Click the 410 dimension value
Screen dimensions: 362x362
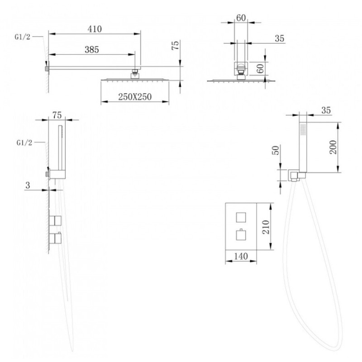click(x=95, y=29)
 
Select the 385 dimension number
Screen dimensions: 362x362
click(x=92, y=50)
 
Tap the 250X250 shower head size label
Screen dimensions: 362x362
click(x=135, y=97)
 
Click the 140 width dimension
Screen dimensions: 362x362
click(x=241, y=256)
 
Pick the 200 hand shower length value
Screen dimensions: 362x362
click(x=333, y=147)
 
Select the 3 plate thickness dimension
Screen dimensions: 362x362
click(x=28, y=185)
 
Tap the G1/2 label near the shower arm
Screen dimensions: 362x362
click(x=22, y=37)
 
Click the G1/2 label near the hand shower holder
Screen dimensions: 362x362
click(x=24, y=143)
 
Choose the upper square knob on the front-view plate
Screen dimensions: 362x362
click(x=241, y=217)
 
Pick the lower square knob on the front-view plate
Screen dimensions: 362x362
click(x=241, y=235)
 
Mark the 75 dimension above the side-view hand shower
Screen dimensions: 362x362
click(x=57, y=115)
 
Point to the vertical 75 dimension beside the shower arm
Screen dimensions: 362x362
click(x=175, y=45)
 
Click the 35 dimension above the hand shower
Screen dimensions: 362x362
click(x=326, y=110)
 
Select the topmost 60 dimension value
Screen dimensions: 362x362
click(x=241, y=18)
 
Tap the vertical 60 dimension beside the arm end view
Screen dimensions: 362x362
click(x=260, y=69)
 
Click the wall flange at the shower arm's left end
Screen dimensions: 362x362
click(x=47, y=69)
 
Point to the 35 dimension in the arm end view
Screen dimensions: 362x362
click(x=279, y=38)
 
